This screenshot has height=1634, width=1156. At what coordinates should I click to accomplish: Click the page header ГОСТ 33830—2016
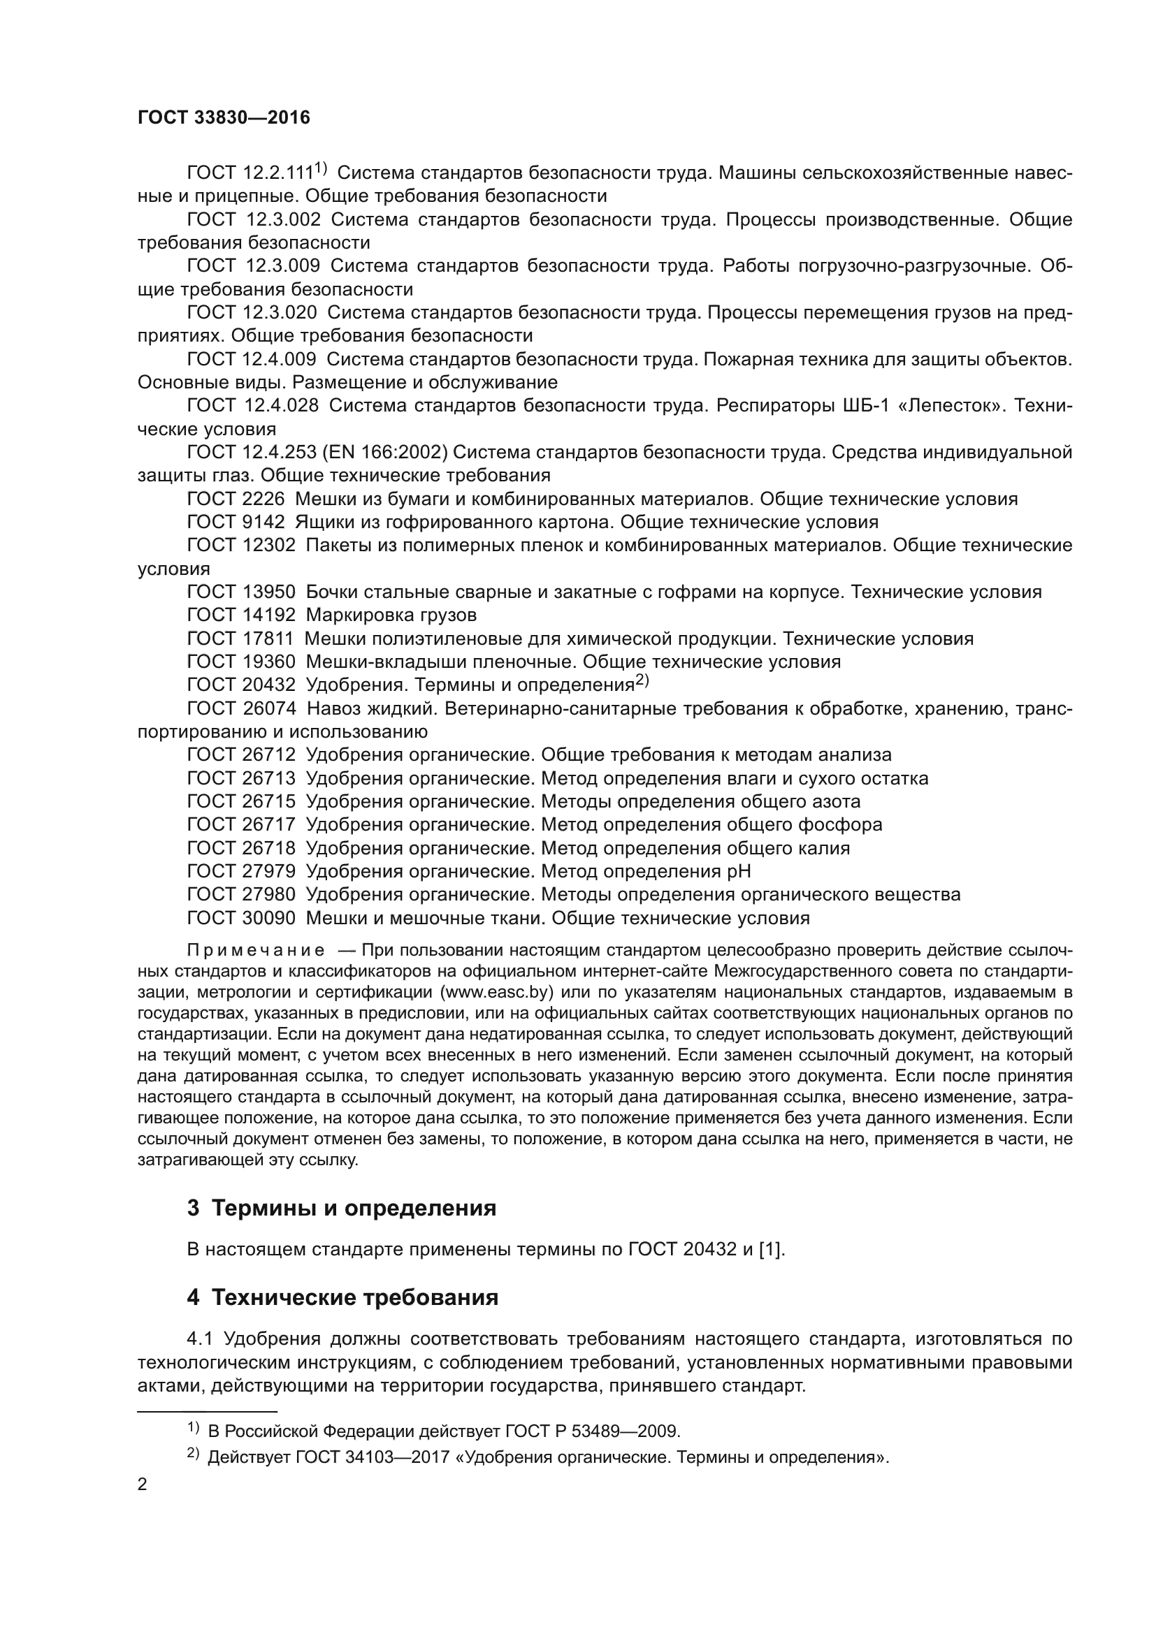click(224, 117)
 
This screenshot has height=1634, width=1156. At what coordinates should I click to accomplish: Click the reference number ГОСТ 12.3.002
click(254, 219)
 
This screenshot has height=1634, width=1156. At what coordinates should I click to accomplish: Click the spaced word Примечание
click(257, 951)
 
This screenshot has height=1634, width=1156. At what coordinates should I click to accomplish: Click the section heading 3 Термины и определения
click(342, 1208)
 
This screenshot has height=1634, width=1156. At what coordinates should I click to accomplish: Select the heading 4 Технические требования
click(342, 1297)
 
